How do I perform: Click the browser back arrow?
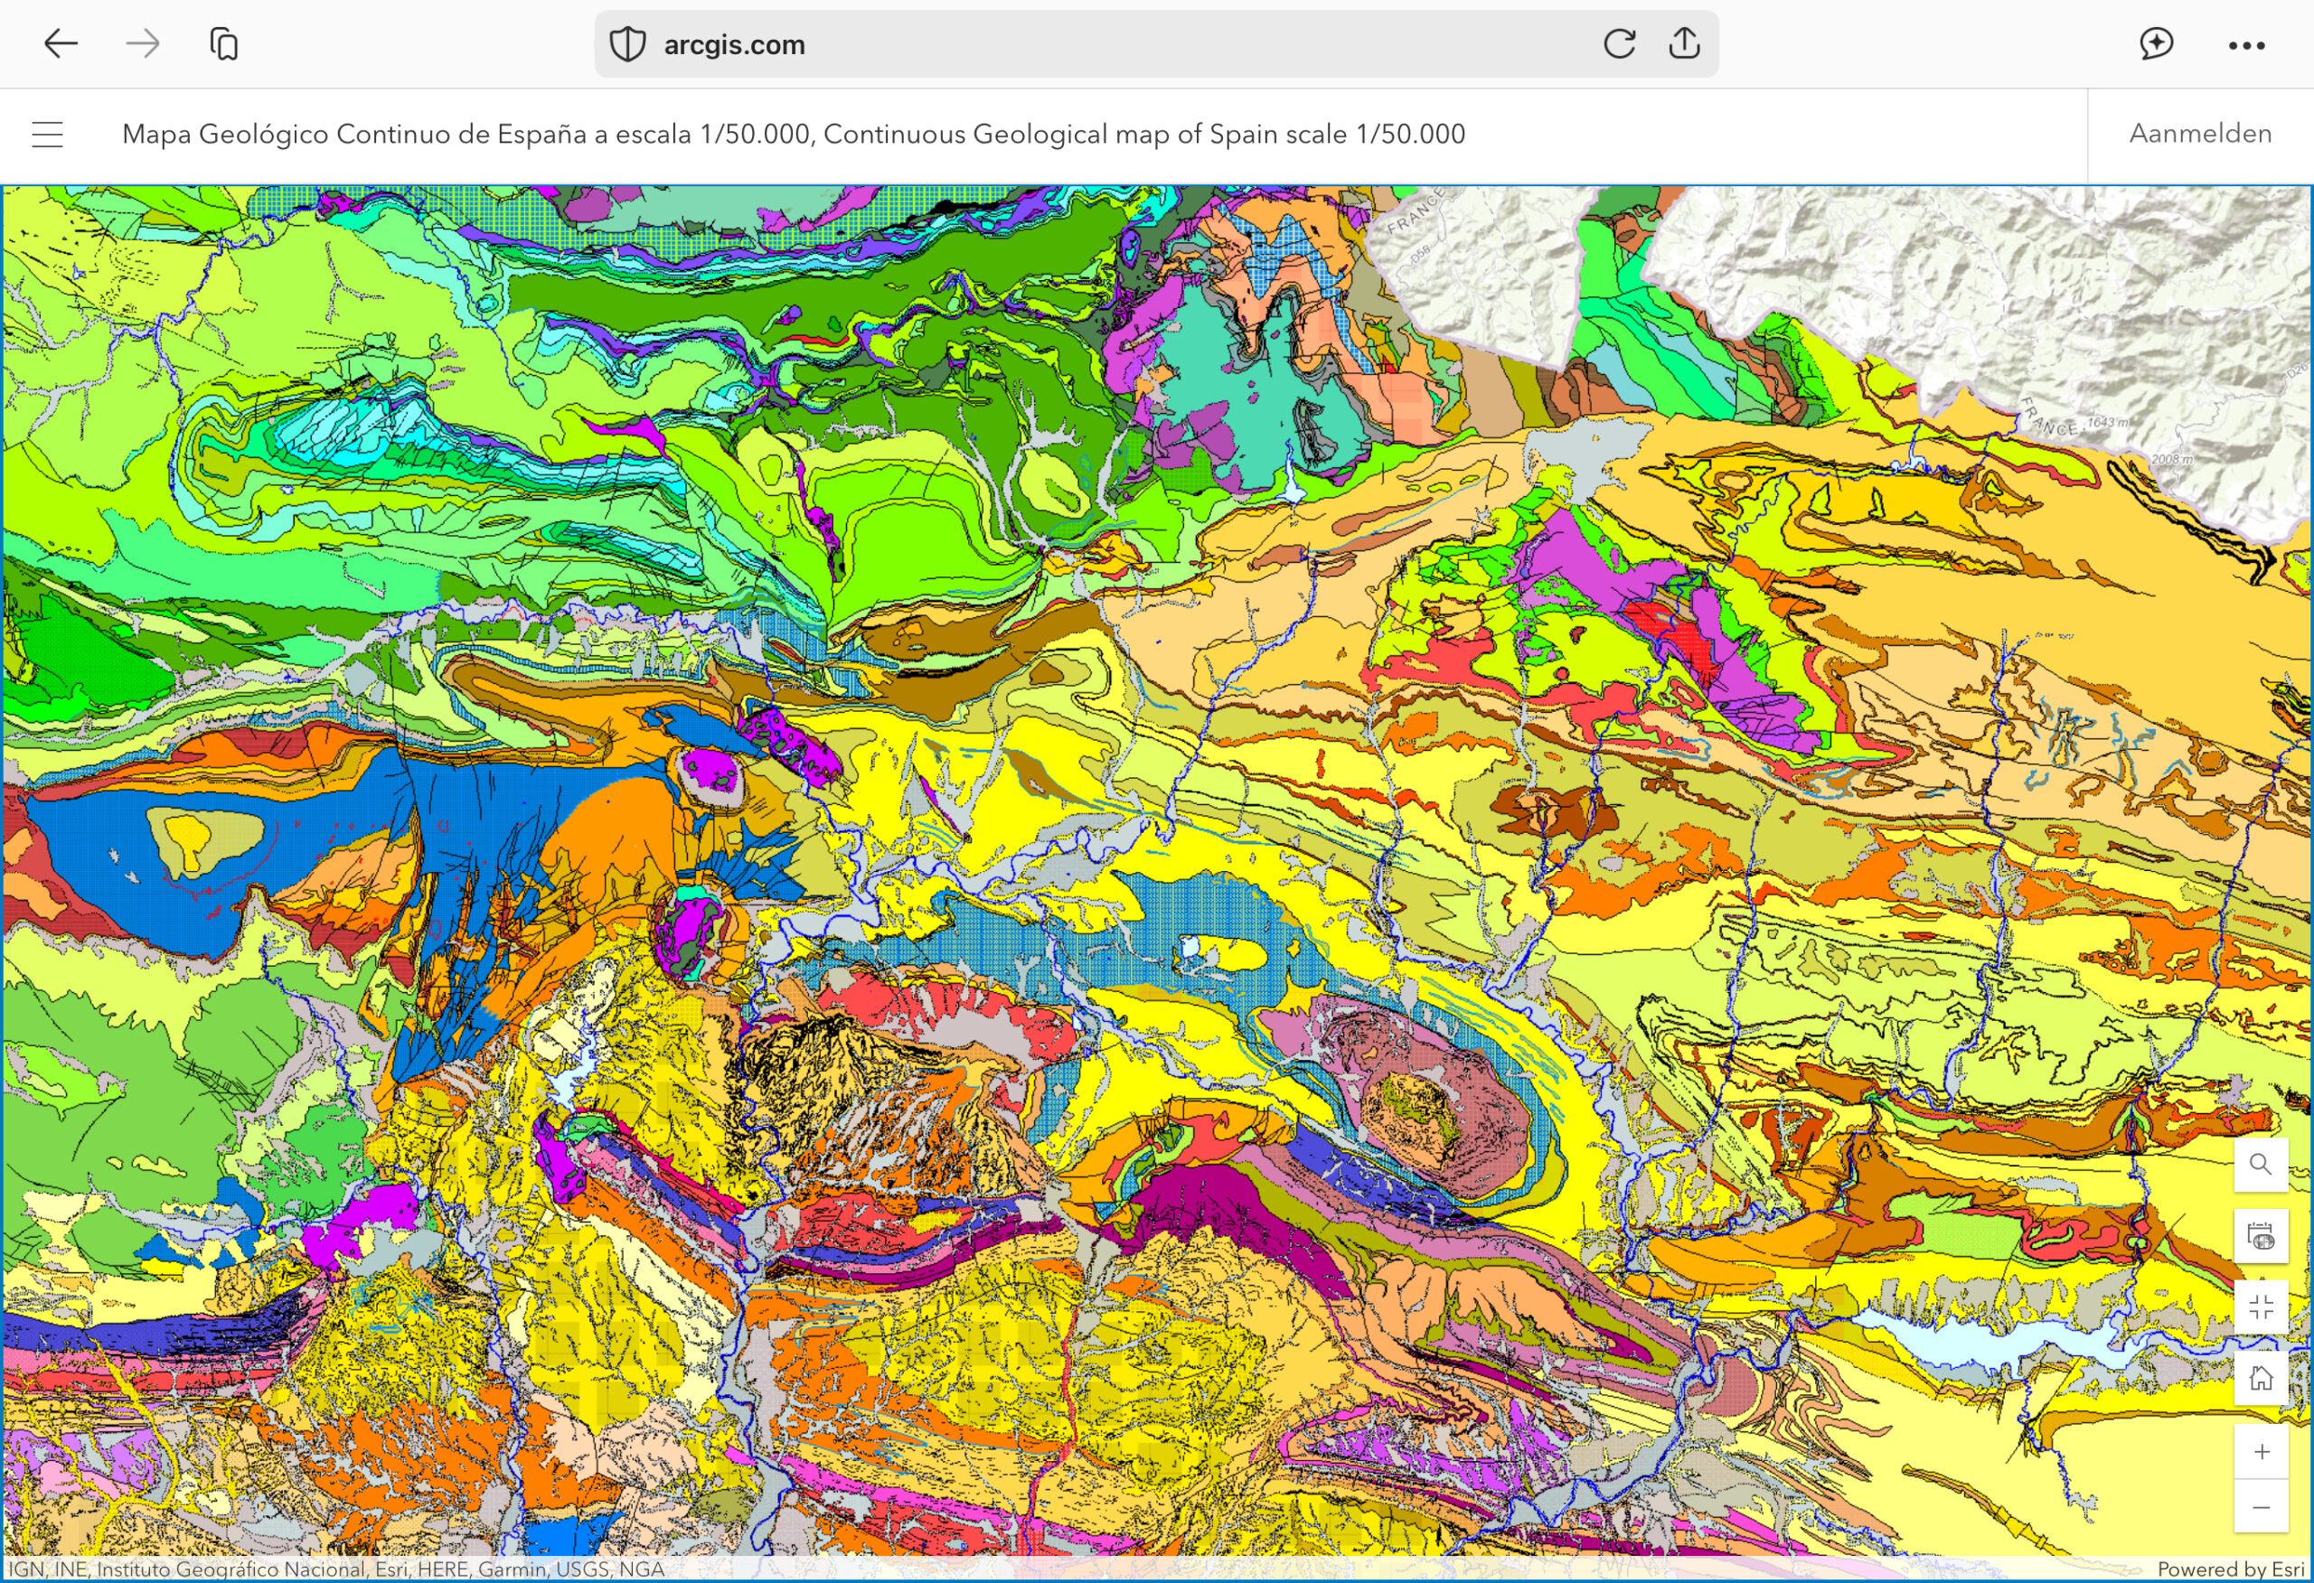(61, 43)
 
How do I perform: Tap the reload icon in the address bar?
(1619, 43)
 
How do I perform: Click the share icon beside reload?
(1684, 42)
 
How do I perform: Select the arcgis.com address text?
(734, 45)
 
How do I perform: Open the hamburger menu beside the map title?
(48, 135)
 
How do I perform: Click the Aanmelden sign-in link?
(2199, 134)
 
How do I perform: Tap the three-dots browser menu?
(2246, 45)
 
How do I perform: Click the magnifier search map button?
(2261, 1165)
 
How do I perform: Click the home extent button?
(2261, 1379)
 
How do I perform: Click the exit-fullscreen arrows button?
(2261, 1307)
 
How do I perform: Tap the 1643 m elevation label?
(2107, 423)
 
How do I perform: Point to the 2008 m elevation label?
(2170, 459)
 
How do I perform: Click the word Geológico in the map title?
(264, 135)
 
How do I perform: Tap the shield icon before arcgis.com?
(627, 45)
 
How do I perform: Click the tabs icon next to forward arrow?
(224, 43)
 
